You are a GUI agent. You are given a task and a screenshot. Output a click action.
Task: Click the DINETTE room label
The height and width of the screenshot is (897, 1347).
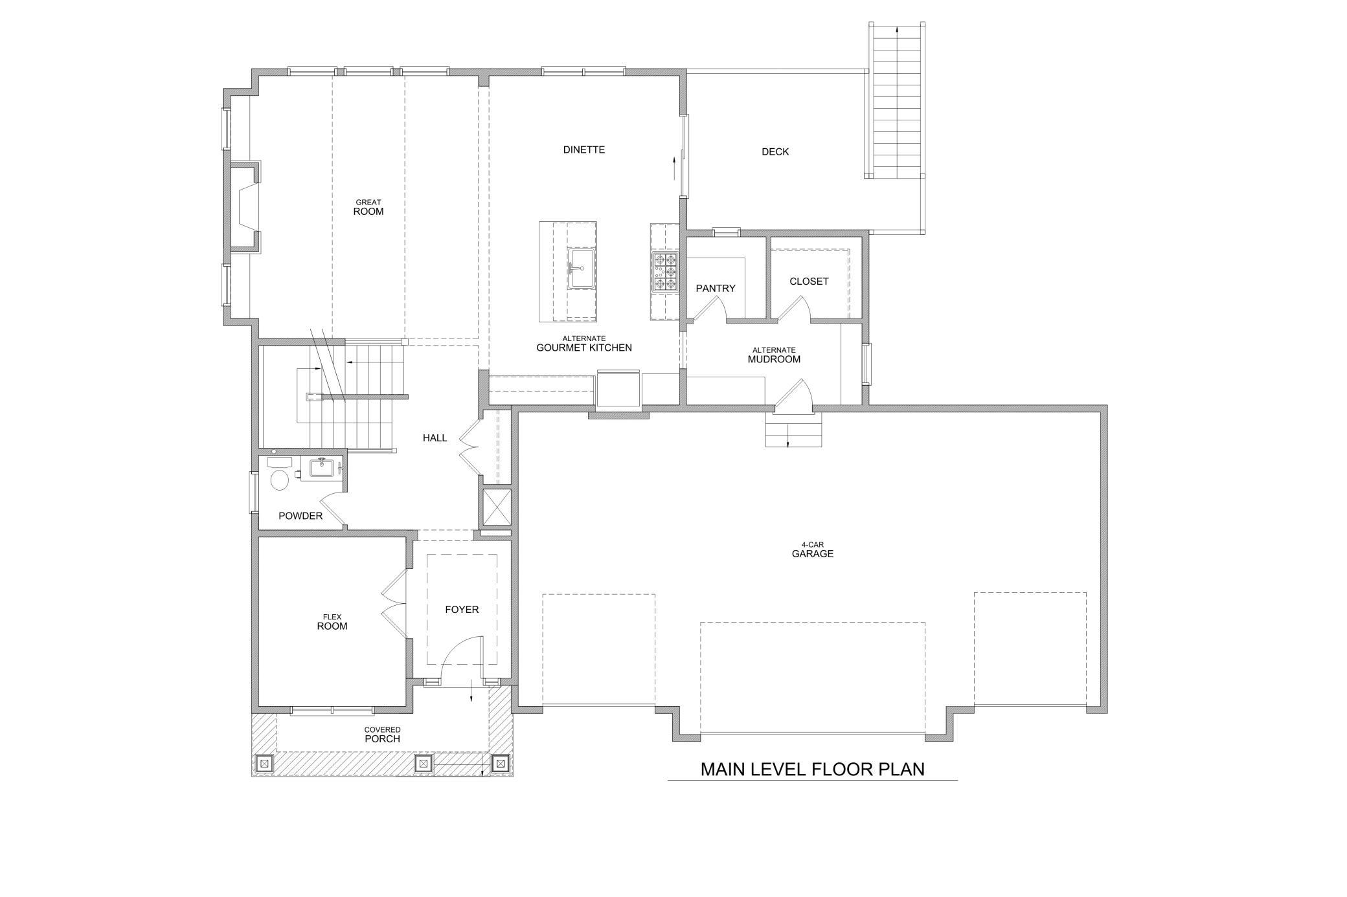pos(583,149)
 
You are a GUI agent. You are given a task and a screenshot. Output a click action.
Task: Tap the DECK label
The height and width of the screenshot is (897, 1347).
pos(775,151)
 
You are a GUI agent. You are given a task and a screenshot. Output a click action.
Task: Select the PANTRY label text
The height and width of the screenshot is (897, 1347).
pos(716,288)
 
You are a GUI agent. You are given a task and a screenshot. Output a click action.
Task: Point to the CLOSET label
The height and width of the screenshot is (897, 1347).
pos(809,282)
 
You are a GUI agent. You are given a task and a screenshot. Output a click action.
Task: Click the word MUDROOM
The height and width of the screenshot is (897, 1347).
pos(774,359)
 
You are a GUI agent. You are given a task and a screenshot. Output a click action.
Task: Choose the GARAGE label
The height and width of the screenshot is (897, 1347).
pos(812,554)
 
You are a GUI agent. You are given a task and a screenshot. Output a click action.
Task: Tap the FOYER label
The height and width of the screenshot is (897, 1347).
pos(462,610)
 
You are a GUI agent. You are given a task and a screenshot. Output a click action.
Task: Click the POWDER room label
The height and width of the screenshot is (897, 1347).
pos(300,516)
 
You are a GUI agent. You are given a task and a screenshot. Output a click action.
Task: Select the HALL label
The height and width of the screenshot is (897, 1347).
pos(435,438)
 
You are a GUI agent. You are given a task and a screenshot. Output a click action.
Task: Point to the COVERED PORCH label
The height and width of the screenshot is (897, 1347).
pos(382,735)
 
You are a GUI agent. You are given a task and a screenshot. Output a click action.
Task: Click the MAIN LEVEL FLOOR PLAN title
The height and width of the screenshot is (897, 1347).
pos(812,769)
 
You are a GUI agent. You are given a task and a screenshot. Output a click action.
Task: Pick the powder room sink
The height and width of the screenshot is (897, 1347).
pos(321,467)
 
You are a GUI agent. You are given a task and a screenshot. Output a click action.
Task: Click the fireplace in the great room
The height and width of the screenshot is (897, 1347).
pos(245,206)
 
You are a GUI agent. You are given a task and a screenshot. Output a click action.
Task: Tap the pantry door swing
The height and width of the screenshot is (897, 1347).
pos(707,309)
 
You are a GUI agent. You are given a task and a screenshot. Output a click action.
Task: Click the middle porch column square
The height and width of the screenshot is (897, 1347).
pos(423,764)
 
